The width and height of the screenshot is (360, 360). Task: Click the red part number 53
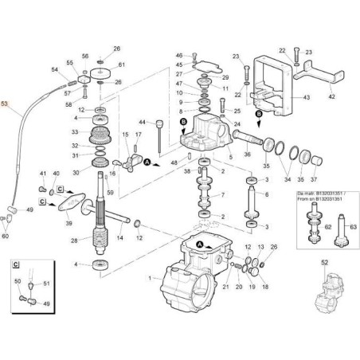click(x=6, y=104)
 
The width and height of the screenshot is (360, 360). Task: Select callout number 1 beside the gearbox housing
click(x=149, y=278)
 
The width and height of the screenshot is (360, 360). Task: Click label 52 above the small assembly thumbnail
click(x=323, y=262)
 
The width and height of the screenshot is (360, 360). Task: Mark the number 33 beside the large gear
click(x=76, y=131)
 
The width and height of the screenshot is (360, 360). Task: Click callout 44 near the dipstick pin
click(x=143, y=122)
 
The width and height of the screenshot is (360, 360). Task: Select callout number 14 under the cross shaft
click(x=120, y=237)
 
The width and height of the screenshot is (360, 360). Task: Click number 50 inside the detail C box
click(x=18, y=281)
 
